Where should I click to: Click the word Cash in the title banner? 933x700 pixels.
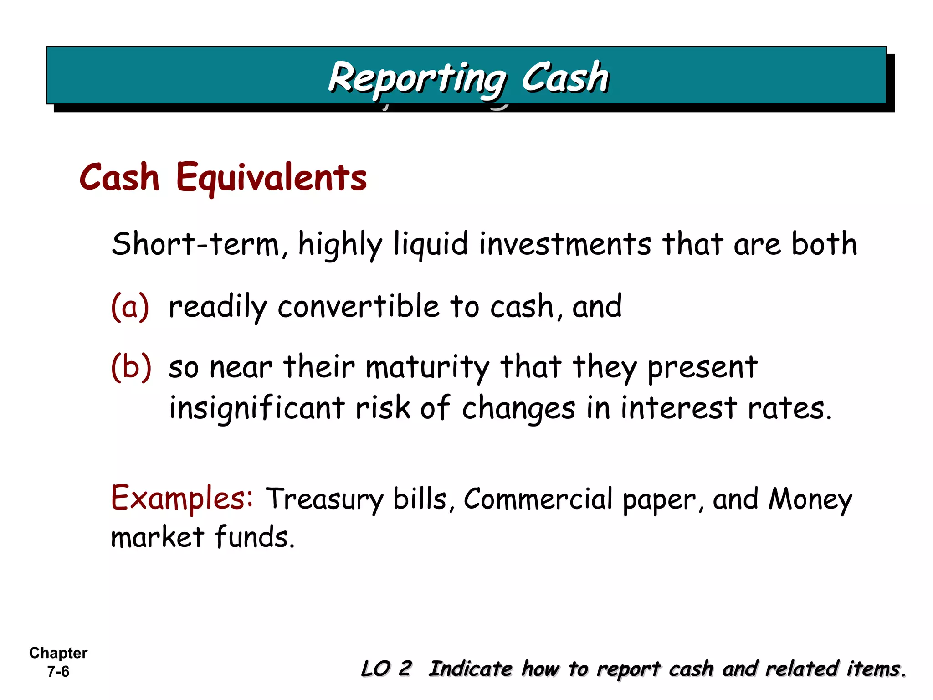(565, 77)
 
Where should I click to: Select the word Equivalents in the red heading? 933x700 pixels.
(272, 178)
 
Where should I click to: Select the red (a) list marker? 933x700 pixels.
(130, 306)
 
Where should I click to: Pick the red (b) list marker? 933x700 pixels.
(131, 366)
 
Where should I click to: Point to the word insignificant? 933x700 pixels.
(256, 407)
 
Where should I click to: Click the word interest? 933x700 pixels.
(679, 407)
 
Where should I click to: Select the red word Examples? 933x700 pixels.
(182, 498)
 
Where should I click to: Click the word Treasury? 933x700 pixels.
(325, 499)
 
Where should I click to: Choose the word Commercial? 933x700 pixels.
(538, 499)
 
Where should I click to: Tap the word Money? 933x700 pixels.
(810, 499)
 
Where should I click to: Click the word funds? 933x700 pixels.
(255, 537)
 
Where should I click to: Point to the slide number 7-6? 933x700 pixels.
(58, 672)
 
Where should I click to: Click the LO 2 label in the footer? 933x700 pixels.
(386, 669)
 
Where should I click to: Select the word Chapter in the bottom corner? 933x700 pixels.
(58, 653)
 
